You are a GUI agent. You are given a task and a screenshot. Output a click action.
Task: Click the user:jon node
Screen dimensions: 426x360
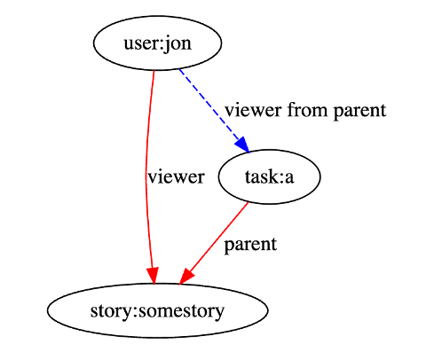158,43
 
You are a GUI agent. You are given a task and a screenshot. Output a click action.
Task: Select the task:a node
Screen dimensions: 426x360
270,176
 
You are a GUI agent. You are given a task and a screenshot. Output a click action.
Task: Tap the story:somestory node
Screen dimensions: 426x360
158,310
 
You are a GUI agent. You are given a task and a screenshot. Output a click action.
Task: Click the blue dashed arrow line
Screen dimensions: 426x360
214,110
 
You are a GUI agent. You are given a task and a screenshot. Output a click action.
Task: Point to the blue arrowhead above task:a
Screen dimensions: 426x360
243,145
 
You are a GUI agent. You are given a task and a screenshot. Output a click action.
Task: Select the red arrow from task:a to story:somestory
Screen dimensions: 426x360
214,244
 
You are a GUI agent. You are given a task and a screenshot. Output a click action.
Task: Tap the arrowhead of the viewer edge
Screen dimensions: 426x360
153,276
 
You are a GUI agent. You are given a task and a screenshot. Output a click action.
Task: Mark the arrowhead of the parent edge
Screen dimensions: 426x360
185,277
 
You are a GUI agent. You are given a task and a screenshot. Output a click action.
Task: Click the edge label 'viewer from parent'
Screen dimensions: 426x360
305,111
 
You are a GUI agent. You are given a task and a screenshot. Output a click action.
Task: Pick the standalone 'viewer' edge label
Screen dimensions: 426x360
177,177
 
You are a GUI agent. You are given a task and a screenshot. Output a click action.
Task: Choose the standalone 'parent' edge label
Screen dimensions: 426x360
250,245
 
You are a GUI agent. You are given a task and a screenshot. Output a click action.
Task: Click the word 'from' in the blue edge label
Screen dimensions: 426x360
308,109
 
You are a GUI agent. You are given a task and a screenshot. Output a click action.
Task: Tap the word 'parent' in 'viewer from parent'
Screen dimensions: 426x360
360,111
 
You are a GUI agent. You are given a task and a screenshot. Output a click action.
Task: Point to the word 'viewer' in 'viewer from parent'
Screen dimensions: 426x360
253,110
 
